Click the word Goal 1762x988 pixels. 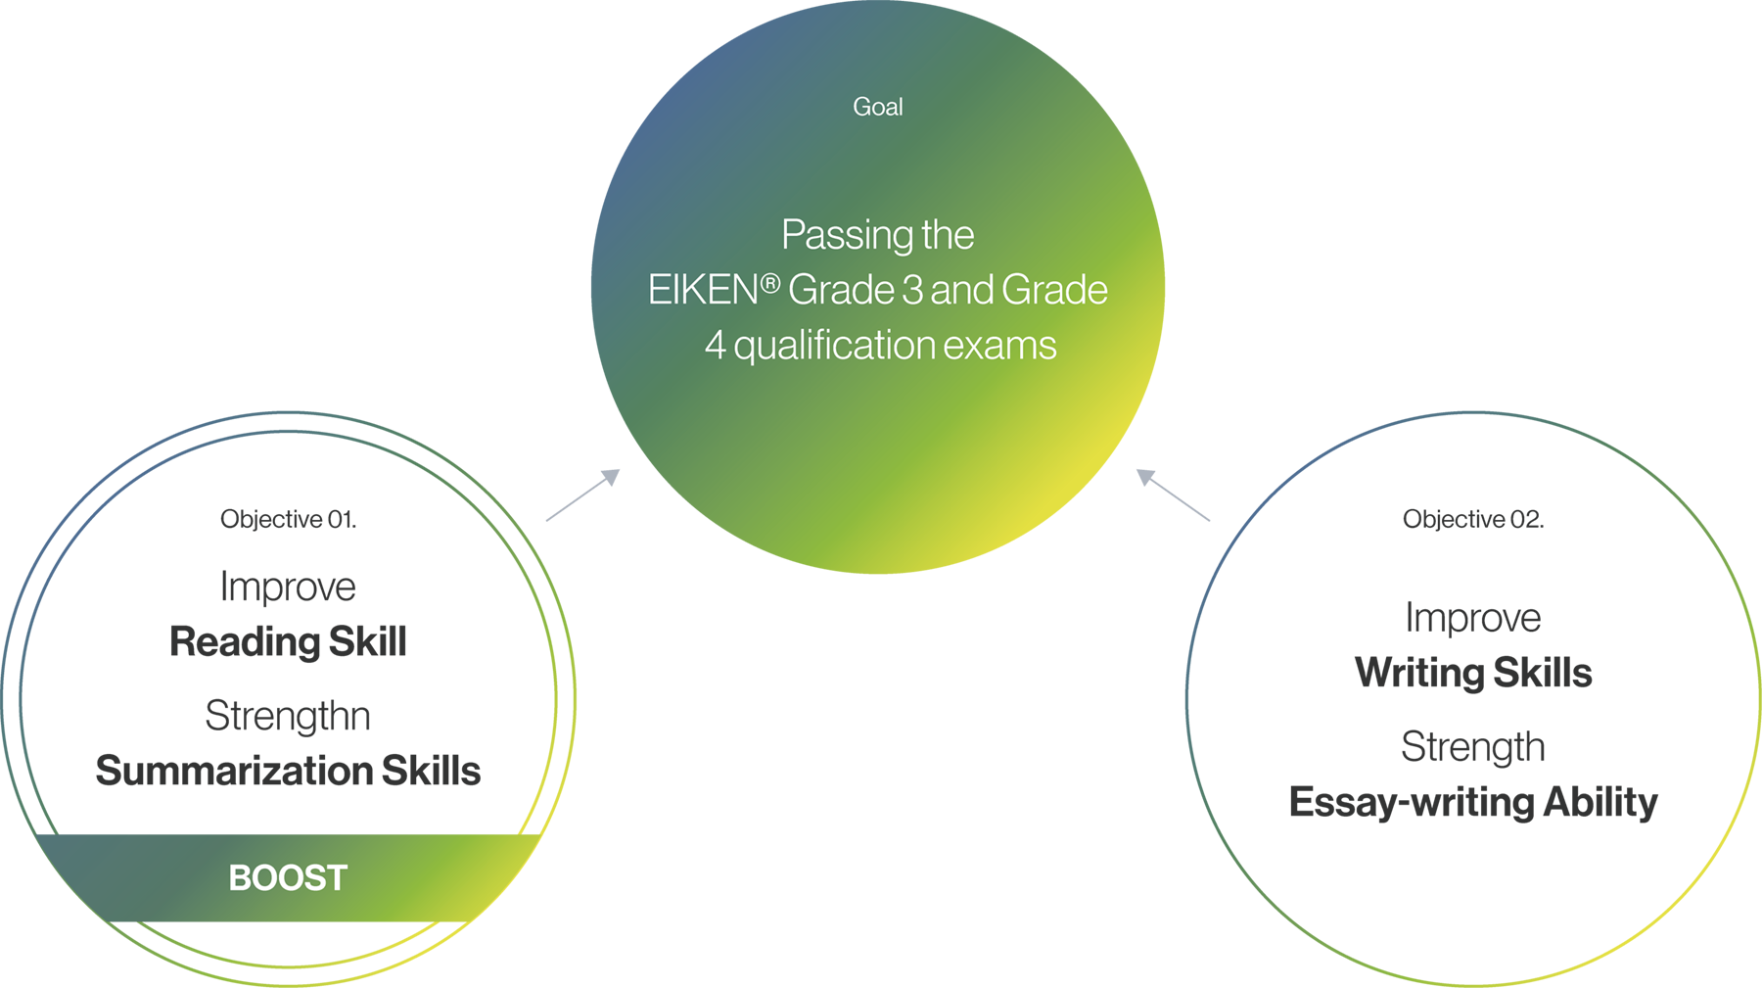click(877, 107)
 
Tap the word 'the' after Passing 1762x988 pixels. click(948, 235)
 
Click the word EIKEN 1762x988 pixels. click(702, 291)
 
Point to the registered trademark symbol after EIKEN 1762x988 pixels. click(770, 284)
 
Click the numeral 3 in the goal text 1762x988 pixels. click(912, 291)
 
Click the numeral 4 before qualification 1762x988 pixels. click(715, 346)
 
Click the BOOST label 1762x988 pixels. click(288, 878)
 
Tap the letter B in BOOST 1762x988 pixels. click(238, 878)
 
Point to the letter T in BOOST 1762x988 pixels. click(338, 878)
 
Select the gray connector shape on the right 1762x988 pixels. click(1171, 497)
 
